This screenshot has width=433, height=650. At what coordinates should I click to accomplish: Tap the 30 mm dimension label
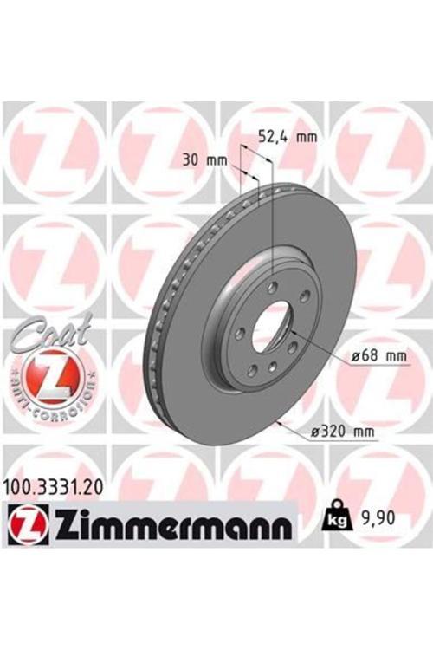[x=204, y=159]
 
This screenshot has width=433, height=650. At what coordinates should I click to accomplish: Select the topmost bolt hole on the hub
[x=274, y=287]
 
